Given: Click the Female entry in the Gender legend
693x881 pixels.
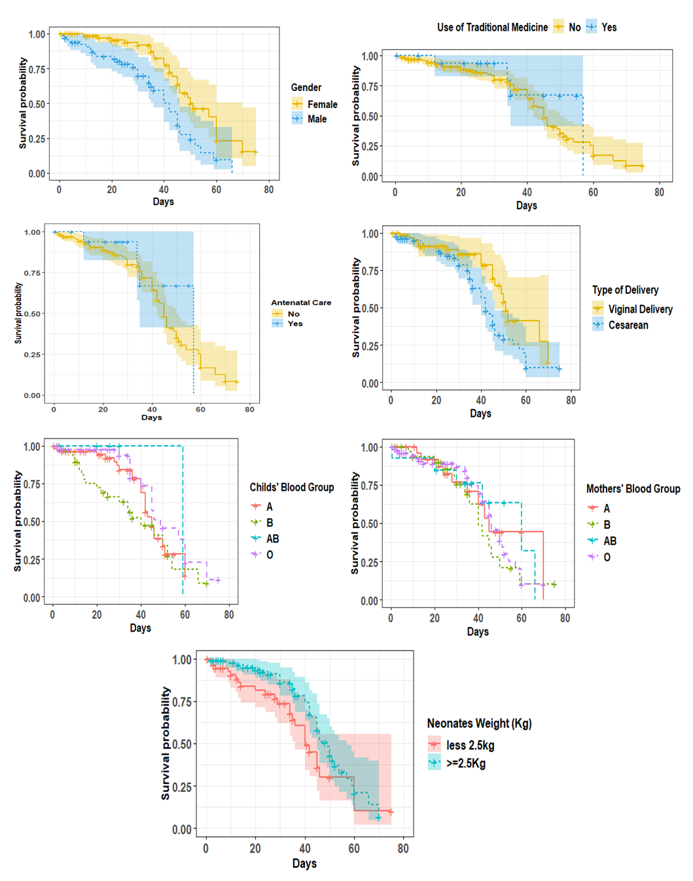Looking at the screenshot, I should (x=322, y=105).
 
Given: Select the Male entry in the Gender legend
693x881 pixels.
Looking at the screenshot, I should (x=317, y=119).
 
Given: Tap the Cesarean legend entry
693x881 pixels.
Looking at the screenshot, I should (x=628, y=325).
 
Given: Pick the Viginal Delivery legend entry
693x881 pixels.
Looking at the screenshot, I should (x=639, y=309).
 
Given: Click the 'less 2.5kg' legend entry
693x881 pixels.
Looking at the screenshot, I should (x=469, y=745).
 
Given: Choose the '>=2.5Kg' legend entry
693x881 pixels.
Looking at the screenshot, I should (x=465, y=763).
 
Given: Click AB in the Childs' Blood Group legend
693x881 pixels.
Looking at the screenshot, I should (x=272, y=539).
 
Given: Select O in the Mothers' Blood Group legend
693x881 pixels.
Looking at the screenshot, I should (x=607, y=557).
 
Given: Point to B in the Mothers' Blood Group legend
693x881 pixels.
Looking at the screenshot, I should (x=607, y=524).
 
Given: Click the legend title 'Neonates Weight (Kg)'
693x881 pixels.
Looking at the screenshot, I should (x=479, y=723).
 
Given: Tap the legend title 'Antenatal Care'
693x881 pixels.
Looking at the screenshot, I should (x=301, y=302).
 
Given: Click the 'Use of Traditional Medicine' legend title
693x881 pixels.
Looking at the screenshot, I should (x=492, y=27).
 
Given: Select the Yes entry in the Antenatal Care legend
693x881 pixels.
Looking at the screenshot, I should (x=295, y=323).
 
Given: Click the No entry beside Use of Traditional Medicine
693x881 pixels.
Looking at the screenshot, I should (x=574, y=27).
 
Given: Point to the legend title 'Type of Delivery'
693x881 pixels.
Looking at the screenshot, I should (x=625, y=290).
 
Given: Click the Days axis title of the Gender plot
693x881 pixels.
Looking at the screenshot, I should (x=163, y=202).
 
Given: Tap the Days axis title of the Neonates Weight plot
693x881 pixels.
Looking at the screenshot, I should (x=304, y=863).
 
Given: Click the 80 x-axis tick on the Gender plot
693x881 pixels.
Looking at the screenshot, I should (x=269, y=190).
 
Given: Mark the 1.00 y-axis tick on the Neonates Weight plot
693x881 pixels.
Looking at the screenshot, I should (x=182, y=660).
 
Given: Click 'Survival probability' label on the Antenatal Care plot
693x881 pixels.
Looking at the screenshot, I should (x=19, y=314).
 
